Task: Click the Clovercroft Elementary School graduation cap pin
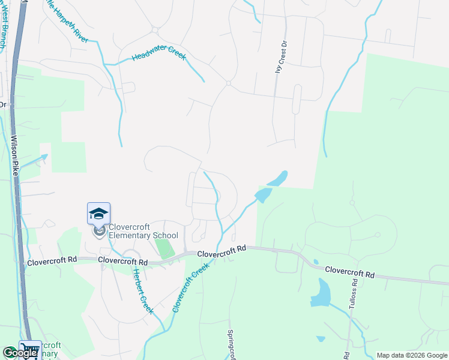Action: [x=98, y=214]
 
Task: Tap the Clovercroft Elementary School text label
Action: [x=143, y=231]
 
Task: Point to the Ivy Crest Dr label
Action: [x=278, y=56]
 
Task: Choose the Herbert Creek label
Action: [x=142, y=289]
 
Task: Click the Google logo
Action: [x=20, y=353]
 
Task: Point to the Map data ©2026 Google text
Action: [x=411, y=355]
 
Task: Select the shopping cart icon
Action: [x=29, y=349]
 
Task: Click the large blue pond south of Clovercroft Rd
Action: [x=321, y=293]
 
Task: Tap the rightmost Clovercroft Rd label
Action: [x=349, y=272]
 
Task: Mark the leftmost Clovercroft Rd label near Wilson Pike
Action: [x=52, y=260]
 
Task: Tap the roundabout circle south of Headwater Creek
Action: [x=229, y=83]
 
